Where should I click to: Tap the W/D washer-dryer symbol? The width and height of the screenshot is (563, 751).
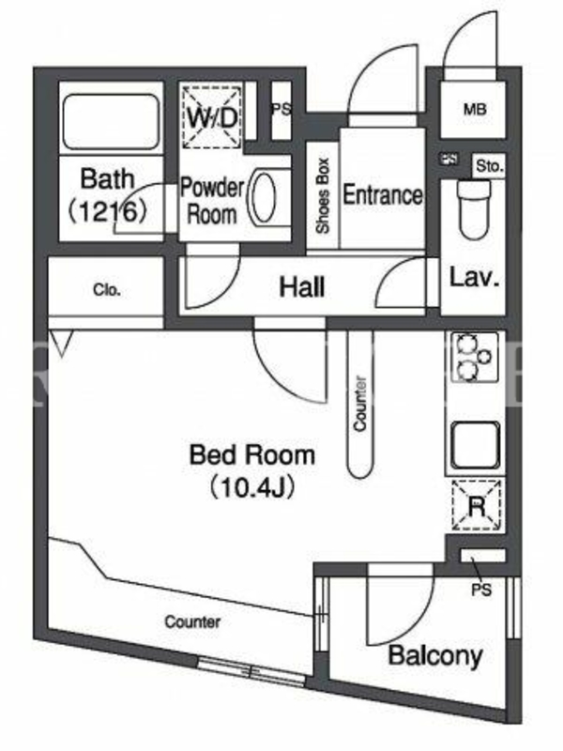(x=212, y=117)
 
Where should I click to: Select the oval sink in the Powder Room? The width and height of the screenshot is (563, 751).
(x=263, y=198)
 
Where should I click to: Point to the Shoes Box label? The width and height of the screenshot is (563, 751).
(x=323, y=195)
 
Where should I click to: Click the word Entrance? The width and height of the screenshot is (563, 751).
(x=383, y=195)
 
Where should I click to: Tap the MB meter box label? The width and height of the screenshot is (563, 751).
(x=475, y=110)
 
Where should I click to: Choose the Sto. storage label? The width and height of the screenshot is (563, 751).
(x=489, y=166)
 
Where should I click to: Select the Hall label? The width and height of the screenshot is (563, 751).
(x=302, y=287)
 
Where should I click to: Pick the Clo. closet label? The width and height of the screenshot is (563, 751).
(x=107, y=290)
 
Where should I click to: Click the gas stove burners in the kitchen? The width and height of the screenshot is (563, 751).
(x=473, y=358)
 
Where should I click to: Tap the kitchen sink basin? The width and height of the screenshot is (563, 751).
(x=475, y=445)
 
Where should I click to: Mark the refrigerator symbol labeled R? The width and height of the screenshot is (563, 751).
(x=477, y=506)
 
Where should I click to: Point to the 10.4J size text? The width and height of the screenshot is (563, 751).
(x=251, y=487)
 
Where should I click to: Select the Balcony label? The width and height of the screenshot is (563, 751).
(x=435, y=655)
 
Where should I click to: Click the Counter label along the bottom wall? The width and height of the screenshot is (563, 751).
(x=192, y=621)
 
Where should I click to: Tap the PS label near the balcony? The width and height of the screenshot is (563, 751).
(x=481, y=590)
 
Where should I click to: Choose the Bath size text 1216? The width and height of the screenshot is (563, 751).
(x=108, y=211)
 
